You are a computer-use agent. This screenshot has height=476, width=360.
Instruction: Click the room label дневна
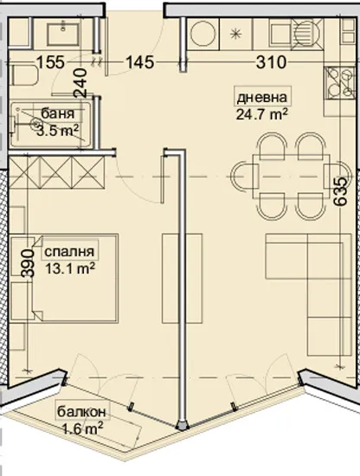[x=263, y=96]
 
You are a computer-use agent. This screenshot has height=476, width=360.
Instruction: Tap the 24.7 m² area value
[x=261, y=112]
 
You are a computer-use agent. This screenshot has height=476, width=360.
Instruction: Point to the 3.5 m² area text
[x=58, y=130]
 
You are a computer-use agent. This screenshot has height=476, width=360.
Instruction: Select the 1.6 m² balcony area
[x=83, y=426]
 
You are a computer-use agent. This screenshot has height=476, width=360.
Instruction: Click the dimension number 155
[x=51, y=62]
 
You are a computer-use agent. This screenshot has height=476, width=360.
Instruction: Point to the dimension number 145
[x=140, y=62]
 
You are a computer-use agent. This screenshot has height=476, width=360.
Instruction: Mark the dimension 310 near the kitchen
[x=278, y=62]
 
